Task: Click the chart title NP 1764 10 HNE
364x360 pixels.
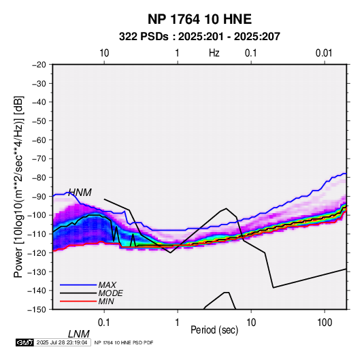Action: (199, 19)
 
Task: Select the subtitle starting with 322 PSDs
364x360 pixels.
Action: (199, 37)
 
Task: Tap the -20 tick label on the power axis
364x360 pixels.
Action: (39, 65)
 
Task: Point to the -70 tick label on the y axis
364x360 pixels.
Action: (39, 159)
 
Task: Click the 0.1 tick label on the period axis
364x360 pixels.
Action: (104, 323)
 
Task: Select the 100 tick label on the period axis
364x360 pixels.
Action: (325, 323)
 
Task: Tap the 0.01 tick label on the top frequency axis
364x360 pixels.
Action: (324, 53)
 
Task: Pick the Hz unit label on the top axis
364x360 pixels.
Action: (214, 53)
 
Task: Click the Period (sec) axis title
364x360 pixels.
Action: (214, 330)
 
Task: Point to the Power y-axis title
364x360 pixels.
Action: (18, 186)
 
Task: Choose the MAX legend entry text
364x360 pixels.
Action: (107, 285)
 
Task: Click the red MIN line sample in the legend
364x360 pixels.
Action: (78, 301)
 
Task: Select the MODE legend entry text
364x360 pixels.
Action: (110, 293)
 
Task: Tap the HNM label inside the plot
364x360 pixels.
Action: (80, 193)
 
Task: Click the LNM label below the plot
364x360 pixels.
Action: (79, 334)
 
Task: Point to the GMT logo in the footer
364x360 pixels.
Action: (25, 342)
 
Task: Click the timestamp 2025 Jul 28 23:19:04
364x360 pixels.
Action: (62, 342)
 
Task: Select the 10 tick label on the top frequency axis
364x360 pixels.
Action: (104, 53)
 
